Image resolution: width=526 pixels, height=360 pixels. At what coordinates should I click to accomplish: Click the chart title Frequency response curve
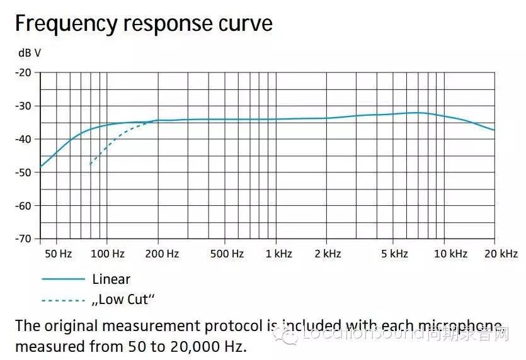tap(144, 23)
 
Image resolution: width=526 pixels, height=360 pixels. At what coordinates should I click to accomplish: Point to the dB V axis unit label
tap(30, 53)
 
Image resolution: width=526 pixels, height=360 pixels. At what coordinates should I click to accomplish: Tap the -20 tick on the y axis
tap(23, 72)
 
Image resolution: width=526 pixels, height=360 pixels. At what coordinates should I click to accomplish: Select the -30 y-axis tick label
tap(23, 106)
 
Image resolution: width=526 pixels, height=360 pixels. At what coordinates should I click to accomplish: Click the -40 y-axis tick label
tap(23, 139)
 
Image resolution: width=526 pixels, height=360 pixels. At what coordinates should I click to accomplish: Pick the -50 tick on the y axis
tap(23, 172)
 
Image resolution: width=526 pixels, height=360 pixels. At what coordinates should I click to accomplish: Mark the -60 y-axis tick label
tap(23, 206)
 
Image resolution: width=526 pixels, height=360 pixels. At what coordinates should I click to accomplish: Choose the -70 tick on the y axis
tap(23, 239)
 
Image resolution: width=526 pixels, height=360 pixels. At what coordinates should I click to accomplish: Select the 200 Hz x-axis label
tap(162, 254)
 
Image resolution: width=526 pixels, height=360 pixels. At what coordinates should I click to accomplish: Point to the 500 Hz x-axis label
tap(227, 254)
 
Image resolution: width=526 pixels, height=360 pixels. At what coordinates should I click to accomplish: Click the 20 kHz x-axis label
tap(501, 254)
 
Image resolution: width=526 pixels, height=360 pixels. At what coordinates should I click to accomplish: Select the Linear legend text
tap(111, 279)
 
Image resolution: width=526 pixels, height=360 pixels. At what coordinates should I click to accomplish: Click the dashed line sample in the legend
tap(63, 300)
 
